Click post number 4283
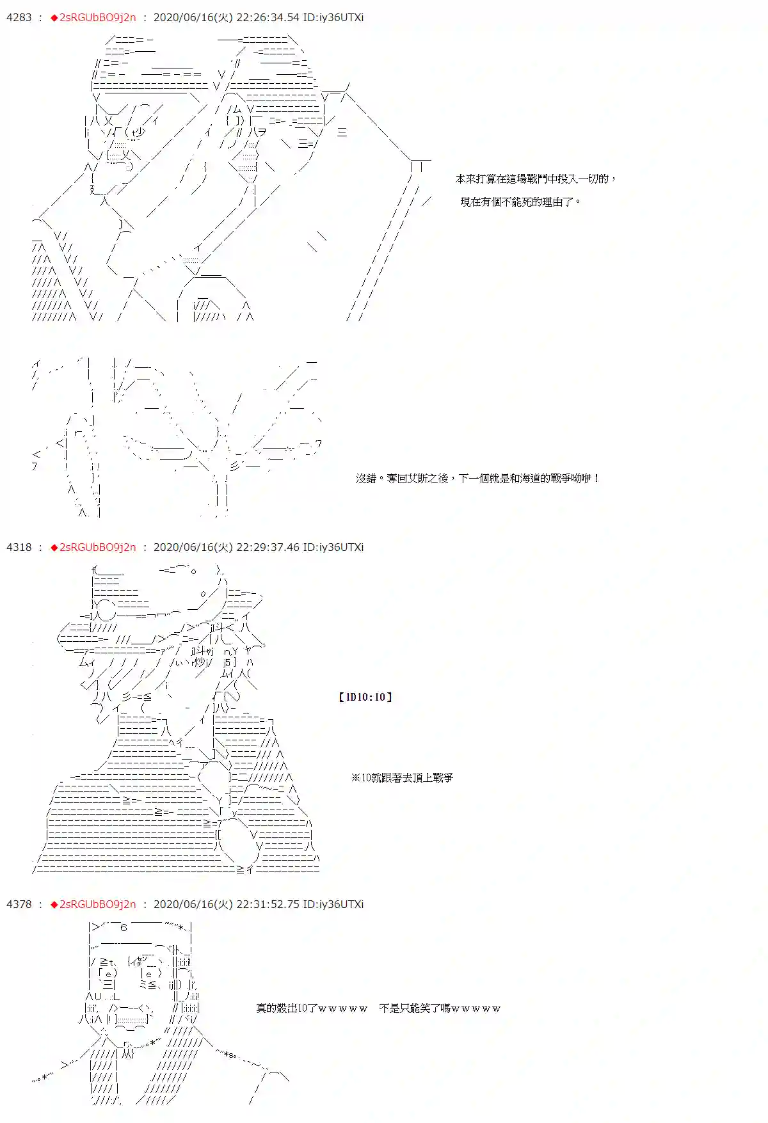[19, 17]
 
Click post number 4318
[19, 547]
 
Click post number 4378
[19, 904]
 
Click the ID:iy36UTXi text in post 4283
[333, 17]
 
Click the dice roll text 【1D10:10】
[365, 697]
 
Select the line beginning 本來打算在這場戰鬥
[535, 179]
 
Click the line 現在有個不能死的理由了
[520, 202]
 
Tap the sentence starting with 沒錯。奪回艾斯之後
[477, 478]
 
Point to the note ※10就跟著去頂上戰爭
[402, 777]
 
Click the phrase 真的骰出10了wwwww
[312, 1008]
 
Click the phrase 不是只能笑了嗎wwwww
[440, 1008]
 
